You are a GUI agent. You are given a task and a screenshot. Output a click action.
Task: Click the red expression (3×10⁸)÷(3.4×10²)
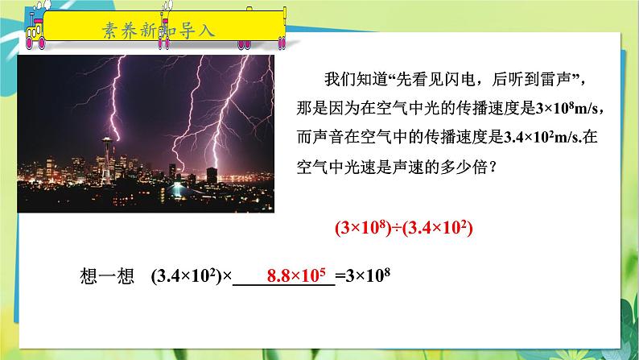[402, 228]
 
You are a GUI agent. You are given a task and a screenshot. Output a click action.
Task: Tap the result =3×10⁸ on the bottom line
[363, 275]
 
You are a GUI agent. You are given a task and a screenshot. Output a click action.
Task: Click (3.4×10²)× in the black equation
[191, 275]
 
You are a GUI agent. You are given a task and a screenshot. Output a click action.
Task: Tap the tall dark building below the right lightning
[212, 176]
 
